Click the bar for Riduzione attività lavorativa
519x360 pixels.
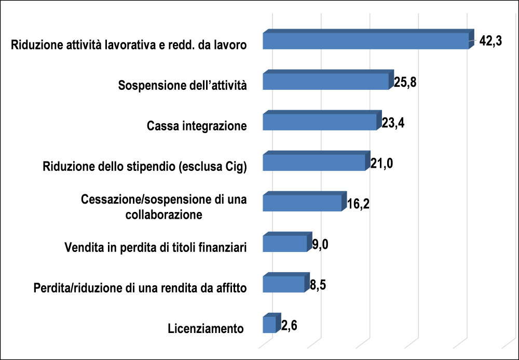365,41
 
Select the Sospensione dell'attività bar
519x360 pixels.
325,82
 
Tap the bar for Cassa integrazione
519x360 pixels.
319,122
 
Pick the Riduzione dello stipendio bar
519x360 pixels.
314,163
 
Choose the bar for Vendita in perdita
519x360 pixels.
285,244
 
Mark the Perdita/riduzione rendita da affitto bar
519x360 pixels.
283,284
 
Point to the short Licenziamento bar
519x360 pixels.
269,325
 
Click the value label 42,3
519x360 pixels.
490,41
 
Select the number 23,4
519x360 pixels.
393,123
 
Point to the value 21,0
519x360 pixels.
383,164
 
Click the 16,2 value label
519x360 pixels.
358,204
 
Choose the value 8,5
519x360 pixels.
317,285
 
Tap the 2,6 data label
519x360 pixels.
289,326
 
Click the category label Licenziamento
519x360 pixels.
206,328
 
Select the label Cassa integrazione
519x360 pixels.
197,126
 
